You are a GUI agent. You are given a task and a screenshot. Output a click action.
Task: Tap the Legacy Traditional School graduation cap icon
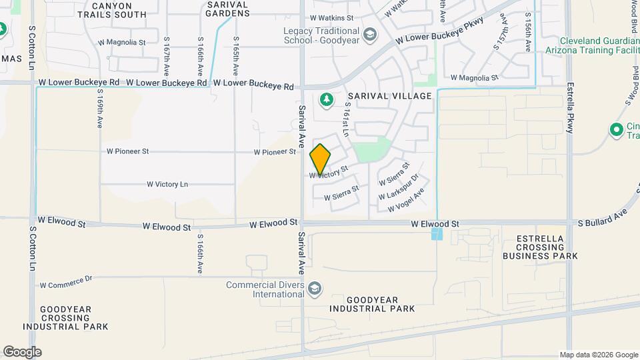(369, 33)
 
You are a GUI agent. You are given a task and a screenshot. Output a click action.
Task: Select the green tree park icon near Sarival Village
(326, 100)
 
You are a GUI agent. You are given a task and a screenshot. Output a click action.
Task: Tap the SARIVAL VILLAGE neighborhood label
(387, 96)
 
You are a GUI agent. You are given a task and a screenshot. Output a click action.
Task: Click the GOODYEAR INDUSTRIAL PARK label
(372, 304)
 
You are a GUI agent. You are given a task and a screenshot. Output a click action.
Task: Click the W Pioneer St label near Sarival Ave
(274, 152)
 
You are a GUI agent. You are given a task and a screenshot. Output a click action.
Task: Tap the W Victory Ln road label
(167, 184)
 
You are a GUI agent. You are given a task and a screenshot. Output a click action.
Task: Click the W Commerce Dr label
(65, 285)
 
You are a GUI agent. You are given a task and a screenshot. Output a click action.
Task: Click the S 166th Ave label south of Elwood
(199, 253)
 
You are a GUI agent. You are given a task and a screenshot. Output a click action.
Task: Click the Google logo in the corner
(22, 351)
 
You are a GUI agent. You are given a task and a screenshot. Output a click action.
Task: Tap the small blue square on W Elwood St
(437, 234)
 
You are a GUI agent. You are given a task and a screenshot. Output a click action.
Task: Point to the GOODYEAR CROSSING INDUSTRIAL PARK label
(65, 318)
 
